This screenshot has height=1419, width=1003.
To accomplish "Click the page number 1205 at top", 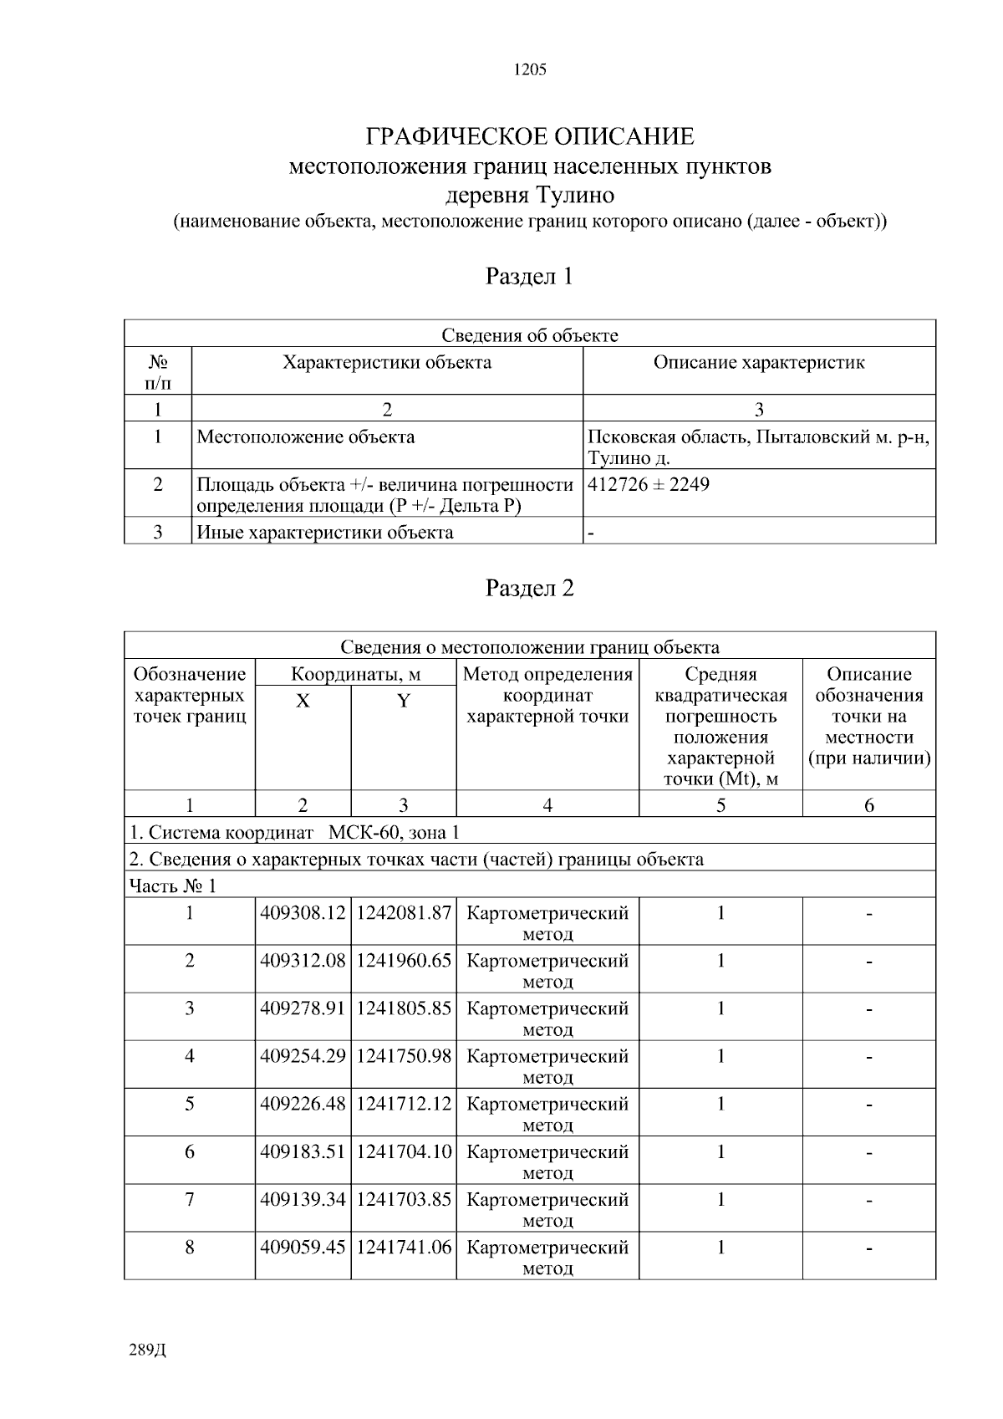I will pos(530,70).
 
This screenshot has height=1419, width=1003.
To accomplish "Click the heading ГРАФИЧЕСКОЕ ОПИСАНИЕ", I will pos(530,136).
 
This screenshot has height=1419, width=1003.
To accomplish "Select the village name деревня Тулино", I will pos(530,196).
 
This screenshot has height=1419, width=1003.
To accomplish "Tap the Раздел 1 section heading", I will pos(530,276).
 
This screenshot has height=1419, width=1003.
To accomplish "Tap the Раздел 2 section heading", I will pos(530,589).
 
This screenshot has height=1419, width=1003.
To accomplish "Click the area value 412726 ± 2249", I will pos(649,484).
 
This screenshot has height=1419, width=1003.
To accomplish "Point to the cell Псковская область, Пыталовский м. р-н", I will pos(758,437).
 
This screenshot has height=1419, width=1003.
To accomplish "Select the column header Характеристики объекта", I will pos(387,363).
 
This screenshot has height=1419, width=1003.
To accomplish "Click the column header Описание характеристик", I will pos(759,363).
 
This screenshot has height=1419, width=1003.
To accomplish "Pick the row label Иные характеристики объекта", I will pos(325,533).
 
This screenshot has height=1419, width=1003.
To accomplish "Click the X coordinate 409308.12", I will pos(303,913).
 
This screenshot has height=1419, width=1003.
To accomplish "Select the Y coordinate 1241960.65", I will pos(404,961).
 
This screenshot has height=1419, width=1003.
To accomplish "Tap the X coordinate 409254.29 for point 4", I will pos(303,1056).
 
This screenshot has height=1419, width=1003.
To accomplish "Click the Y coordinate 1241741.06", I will pos(404,1248).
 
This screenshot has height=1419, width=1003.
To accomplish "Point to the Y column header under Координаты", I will pos(404,702).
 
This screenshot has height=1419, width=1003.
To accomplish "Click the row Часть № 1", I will pos(173,886).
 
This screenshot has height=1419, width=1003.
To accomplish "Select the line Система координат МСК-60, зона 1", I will pos(294,833).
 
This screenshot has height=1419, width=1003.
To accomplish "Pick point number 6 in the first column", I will pos(190,1152).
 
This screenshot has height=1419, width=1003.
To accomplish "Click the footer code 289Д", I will pos(148,1350).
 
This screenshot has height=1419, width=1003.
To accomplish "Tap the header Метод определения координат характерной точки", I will pos(547,696).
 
